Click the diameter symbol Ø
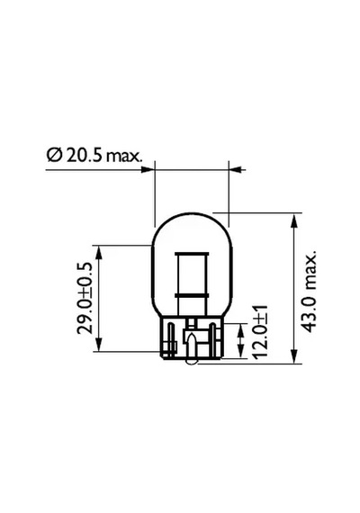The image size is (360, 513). point(54,156)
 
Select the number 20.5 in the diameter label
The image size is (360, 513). point(84,156)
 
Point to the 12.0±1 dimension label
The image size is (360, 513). point(261,331)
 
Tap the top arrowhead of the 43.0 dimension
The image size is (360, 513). point(294,220)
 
